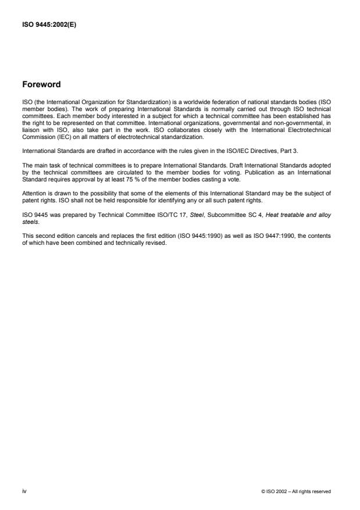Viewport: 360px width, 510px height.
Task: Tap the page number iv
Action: (25, 491)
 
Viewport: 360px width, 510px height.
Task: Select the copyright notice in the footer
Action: (296, 491)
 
